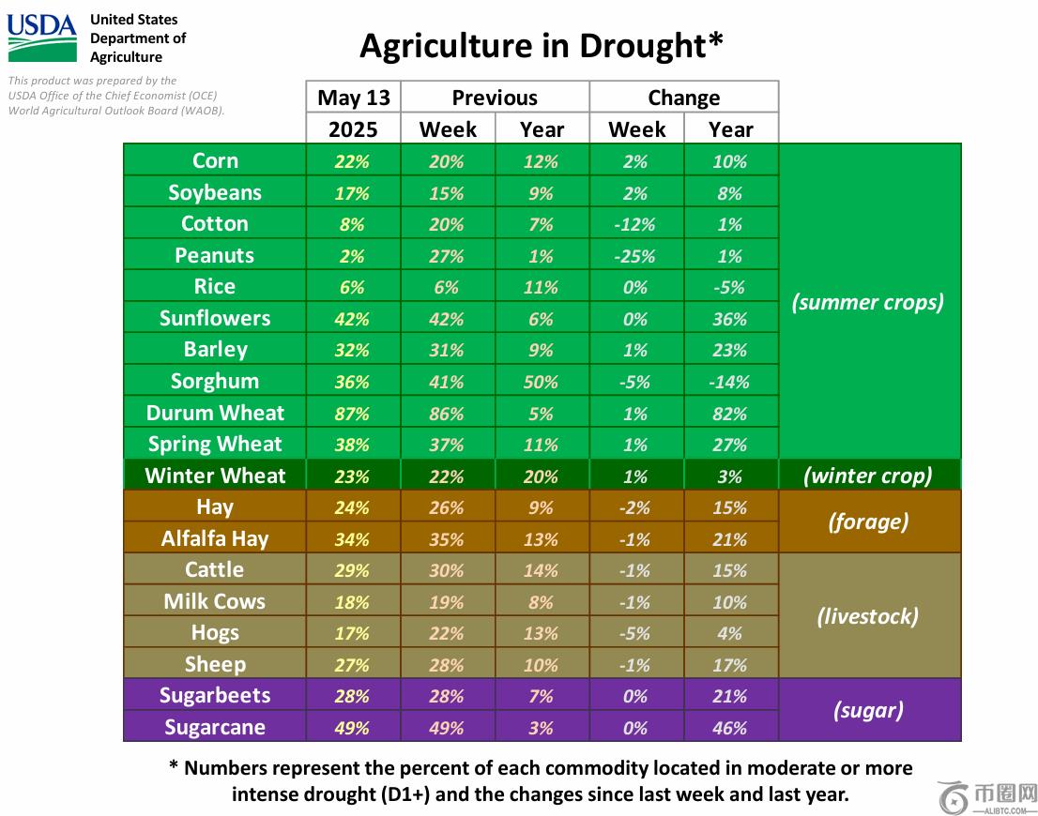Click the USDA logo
pyautogui.click(x=42, y=38)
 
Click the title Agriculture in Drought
pyautogui.click(x=542, y=45)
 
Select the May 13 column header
pyautogui.click(x=353, y=98)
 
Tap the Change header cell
pyautogui.click(x=683, y=98)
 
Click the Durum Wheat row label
pyautogui.click(x=215, y=413)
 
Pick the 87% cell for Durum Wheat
pyautogui.click(x=353, y=414)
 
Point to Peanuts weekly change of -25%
pyautogui.click(x=635, y=256)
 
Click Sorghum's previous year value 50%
pyautogui.click(x=542, y=382)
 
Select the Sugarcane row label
pyautogui.click(x=215, y=727)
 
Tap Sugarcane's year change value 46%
pyautogui.click(x=729, y=728)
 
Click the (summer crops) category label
pyautogui.click(x=868, y=302)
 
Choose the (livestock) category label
pyautogui.click(x=868, y=616)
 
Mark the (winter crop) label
pyautogui.click(x=868, y=476)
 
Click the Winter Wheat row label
pyautogui.click(x=215, y=476)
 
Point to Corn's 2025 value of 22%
pyautogui.click(x=353, y=161)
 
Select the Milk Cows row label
pyautogui.click(x=215, y=601)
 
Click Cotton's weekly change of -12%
pyautogui.click(x=635, y=224)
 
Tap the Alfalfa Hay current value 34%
pyautogui.click(x=353, y=539)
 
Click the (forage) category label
pyautogui.click(x=868, y=521)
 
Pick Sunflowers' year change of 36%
pyautogui.click(x=729, y=319)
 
